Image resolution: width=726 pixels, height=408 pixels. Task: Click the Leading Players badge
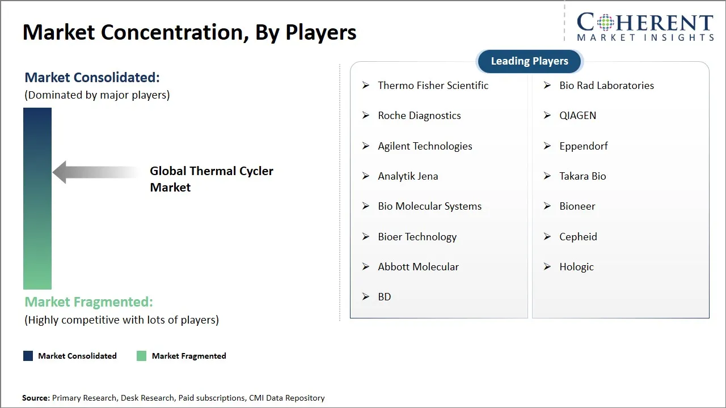coord(529,61)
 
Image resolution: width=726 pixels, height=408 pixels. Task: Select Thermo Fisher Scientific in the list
coord(433,86)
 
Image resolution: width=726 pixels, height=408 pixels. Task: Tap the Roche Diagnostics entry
coord(419,116)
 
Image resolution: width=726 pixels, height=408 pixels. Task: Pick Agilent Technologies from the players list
coord(425,146)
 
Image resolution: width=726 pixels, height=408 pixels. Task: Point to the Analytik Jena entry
coord(408,176)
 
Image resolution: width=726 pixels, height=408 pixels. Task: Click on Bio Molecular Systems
coord(429,206)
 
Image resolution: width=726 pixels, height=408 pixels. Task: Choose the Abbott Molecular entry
coord(418,267)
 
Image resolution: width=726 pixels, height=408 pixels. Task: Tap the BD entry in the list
coord(385,297)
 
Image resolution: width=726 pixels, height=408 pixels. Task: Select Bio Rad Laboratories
coord(606,86)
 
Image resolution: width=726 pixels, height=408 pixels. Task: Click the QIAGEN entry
coord(577,116)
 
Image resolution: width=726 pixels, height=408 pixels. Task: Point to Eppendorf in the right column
coord(583,146)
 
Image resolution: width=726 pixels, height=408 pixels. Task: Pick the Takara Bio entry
coord(583,176)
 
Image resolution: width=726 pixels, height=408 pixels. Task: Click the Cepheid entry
coord(578,237)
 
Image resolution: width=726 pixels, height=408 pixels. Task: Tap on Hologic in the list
coord(576,267)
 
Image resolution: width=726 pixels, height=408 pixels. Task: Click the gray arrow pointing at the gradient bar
coord(94,172)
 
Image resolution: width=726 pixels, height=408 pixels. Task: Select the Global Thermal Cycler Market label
coord(211,179)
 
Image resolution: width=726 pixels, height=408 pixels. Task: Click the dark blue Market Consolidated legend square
coord(28,356)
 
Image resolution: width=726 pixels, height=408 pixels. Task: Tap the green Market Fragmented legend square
coord(141,356)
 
